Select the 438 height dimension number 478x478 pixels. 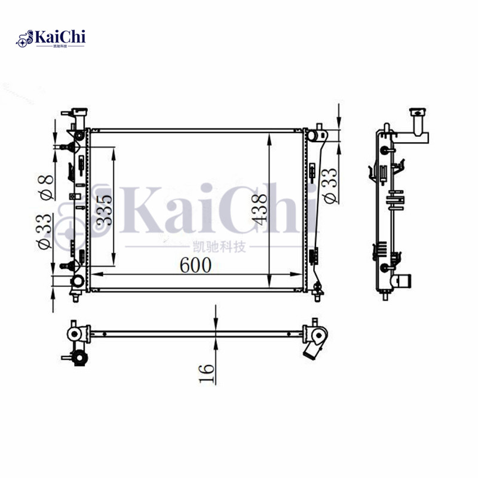258,209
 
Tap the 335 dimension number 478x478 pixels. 105,209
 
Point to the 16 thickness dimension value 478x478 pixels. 206,372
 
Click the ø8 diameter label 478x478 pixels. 45,185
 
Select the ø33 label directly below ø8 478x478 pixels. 45,233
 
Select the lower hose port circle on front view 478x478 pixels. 77,282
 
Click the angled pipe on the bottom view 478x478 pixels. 314,350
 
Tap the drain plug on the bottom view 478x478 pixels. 78,358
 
